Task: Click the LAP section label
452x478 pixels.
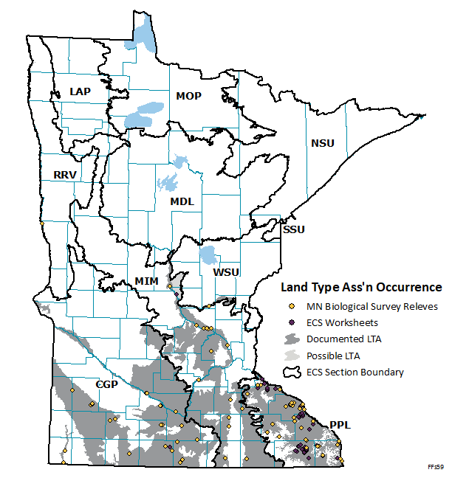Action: pyautogui.click(x=80, y=91)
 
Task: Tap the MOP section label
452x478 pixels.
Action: pyautogui.click(x=189, y=96)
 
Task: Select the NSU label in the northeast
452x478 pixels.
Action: pyautogui.click(x=323, y=143)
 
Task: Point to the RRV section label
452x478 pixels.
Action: pyautogui.click(x=65, y=175)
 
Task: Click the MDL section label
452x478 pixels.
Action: pyautogui.click(x=182, y=201)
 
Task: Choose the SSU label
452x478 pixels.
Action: pyautogui.click(x=293, y=229)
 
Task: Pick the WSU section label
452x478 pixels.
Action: pyautogui.click(x=226, y=272)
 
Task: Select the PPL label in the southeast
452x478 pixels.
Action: pyautogui.click(x=340, y=425)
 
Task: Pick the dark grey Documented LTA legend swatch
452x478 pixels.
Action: pyautogui.click(x=292, y=339)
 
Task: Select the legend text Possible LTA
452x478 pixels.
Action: pyautogui.click(x=333, y=356)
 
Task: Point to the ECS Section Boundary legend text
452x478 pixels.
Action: pyautogui.click(x=355, y=372)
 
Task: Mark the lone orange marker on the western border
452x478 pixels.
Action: pyautogui.click(x=43, y=223)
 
